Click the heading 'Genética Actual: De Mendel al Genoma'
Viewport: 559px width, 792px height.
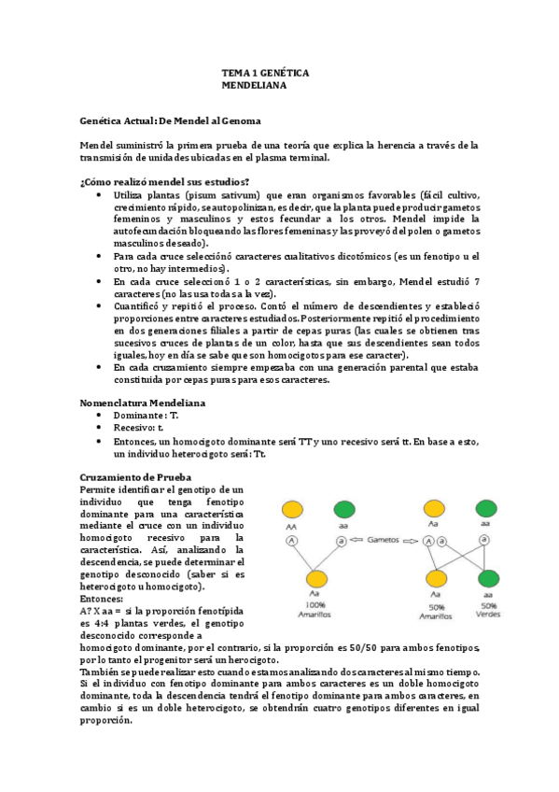(x=171, y=121)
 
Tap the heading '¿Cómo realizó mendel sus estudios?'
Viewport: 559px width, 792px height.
(x=164, y=181)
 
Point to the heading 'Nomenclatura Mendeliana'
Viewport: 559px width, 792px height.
(x=143, y=403)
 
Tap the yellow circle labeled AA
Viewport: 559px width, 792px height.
(x=292, y=509)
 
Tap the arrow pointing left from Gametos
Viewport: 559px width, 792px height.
(x=356, y=540)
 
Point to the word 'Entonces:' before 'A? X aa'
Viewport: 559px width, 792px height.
(x=102, y=598)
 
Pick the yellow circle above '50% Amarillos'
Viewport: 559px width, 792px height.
(x=435, y=579)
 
